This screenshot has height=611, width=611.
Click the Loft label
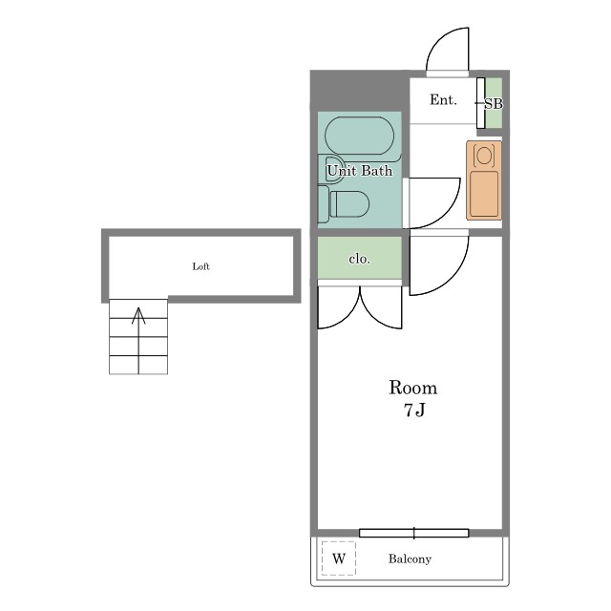pyautogui.click(x=200, y=266)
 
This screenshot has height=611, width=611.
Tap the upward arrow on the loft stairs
pyautogui.click(x=138, y=340)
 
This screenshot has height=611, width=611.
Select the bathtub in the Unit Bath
pyautogui.click(x=359, y=136)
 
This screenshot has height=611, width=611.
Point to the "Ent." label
pyautogui.click(x=443, y=100)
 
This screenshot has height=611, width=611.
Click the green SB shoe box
pyautogui.click(x=494, y=103)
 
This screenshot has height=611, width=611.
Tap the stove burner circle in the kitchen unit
pyautogui.click(x=484, y=156)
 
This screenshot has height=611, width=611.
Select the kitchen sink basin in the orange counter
pyautogui.click(x=484, y=194)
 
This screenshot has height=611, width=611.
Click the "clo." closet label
pyautogui.click(x=359, y=259)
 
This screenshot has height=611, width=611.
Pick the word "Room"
pyautogui.click(x=413, y=388)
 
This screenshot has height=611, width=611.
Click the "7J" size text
pyautogui.click(x=413, y=410)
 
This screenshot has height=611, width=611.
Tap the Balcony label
pyautogui.click(x=410, y=558)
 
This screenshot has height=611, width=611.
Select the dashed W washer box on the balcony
pyautogui.click(x=339, y=558)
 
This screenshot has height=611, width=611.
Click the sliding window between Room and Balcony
pyautogui.click(x=413, y=533)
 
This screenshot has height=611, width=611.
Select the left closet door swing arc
pyautogui.click(x=348, y=319)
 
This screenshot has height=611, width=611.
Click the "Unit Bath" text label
pyautogui.click(x=359, y=171)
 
